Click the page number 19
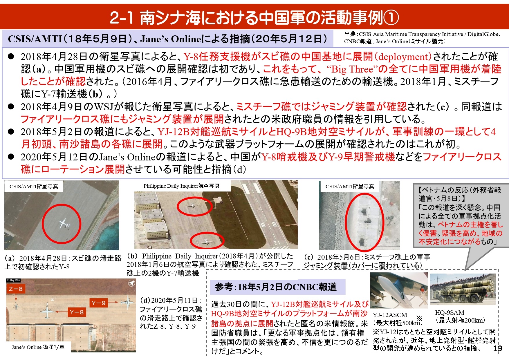[497, 348]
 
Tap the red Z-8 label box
[16, 289]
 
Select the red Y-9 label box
[98, 303]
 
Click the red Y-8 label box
[77, 312]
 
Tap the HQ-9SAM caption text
[450, 312]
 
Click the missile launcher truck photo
[463, 289]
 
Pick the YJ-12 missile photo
[399, 290]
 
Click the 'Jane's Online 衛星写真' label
[38, 347]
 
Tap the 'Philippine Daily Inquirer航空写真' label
[182, 186]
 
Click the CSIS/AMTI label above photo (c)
[350, 187]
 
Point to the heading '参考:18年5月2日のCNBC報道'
[275, 287]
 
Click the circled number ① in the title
[391, 17]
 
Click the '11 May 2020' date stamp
[13, 280]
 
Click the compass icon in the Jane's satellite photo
[131, 283]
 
